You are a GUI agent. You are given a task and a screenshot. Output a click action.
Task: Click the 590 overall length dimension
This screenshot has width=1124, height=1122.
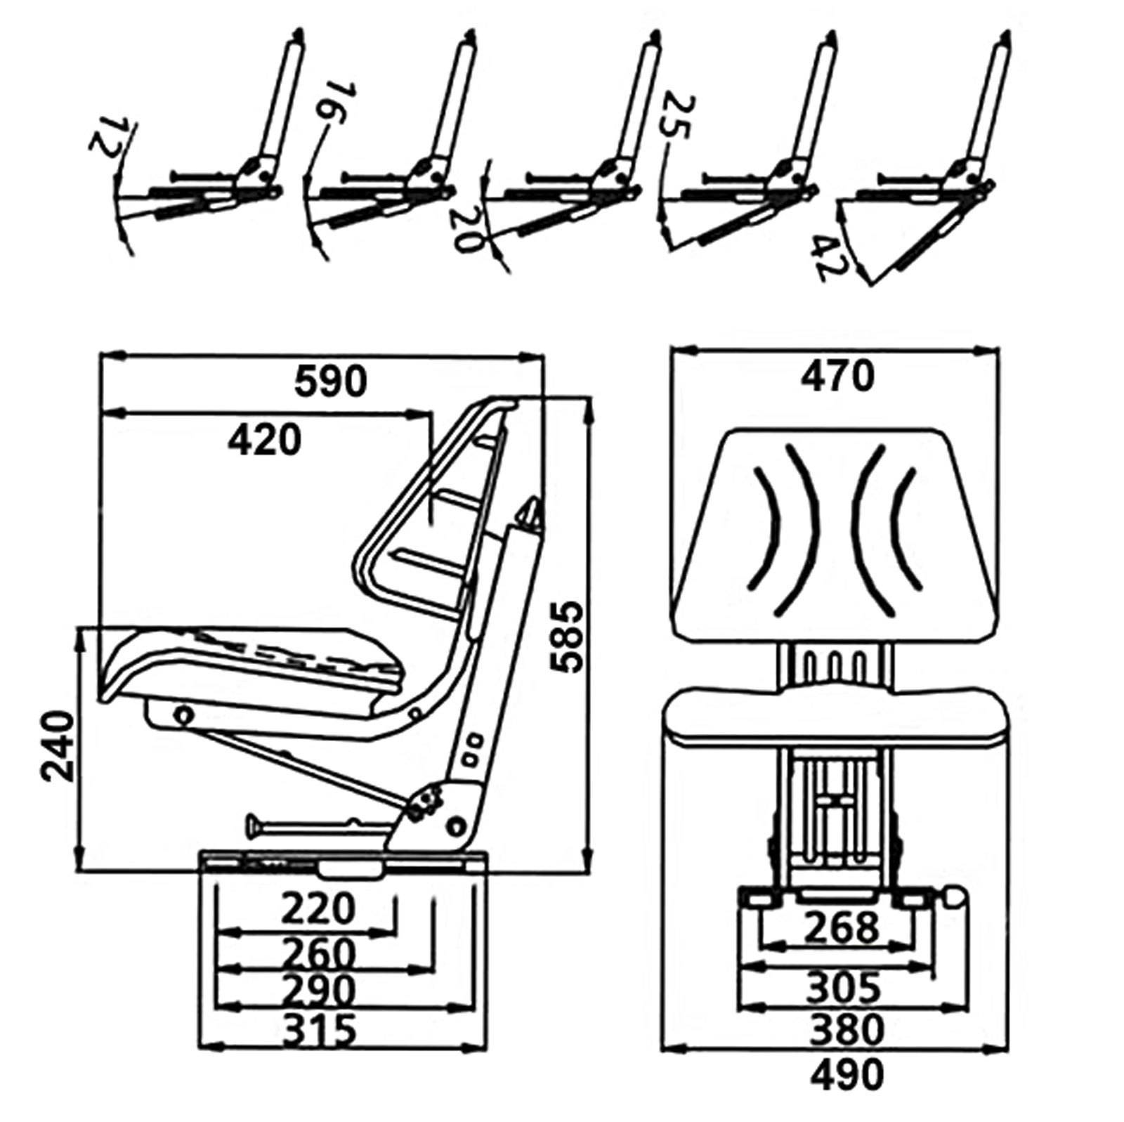[330, 381]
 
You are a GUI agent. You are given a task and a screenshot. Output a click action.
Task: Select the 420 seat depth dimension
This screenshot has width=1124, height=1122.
[265, 441]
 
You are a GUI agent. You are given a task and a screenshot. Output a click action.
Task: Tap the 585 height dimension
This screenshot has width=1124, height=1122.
[567, 637]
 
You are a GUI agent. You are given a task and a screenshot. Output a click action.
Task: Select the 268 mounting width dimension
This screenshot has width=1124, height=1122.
[841, 927]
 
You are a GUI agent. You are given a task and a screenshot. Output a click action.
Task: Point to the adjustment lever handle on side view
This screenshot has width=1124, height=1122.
[254, 825]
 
